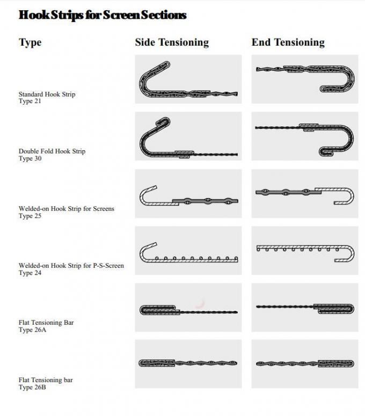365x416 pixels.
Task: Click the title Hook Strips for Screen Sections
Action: point(103,15)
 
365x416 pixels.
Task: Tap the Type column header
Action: point(30,42)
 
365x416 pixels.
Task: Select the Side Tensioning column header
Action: point(172,42)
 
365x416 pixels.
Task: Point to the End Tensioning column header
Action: point(288,42)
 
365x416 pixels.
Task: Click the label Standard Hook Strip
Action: point(47,94)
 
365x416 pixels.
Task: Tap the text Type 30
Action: point(30,158)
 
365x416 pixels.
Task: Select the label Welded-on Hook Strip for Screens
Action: point(67,208)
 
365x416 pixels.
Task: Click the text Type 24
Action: point(30,273)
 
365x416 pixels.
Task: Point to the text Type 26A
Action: point(32,330)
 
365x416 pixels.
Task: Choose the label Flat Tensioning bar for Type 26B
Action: point(46,380)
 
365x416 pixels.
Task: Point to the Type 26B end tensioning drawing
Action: point(305,363)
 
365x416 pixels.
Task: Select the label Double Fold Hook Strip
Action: point(52,151)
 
